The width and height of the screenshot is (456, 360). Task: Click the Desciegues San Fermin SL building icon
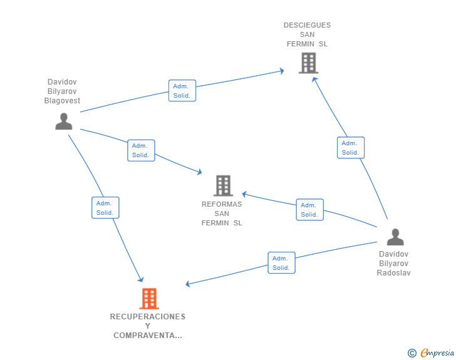click(308, 63)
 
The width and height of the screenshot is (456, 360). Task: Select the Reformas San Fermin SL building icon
click(223, 185)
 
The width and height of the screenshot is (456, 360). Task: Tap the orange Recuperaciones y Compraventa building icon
click(148, 299)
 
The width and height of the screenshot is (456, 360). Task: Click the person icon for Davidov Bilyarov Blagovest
click(63, 121)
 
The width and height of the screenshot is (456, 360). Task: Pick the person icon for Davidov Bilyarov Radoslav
click(395, 237)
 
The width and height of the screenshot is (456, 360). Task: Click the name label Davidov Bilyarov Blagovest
click(62, 91)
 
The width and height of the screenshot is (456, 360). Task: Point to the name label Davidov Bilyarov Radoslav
click(393, 264)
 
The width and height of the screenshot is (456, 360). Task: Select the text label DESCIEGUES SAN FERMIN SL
click(307, 34)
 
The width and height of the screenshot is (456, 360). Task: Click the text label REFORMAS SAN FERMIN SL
click(222, 213)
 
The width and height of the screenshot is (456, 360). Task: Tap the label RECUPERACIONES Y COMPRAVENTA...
click(148, 326)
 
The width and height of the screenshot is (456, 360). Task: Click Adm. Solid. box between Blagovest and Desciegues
click(182, 91)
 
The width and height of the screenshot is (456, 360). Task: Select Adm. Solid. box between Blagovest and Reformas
click(141, 150)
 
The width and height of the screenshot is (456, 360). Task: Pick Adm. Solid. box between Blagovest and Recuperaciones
click(105, 208)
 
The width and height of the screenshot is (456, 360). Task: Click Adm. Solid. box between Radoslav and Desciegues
click(350, 148)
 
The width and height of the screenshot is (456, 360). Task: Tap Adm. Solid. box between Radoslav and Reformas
click(309, 210)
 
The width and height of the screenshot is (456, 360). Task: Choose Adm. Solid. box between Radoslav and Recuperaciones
click(281, 263)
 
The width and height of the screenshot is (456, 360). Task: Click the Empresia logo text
click(437, 353)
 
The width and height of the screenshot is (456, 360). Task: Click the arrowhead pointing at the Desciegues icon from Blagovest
click(281, 71)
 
